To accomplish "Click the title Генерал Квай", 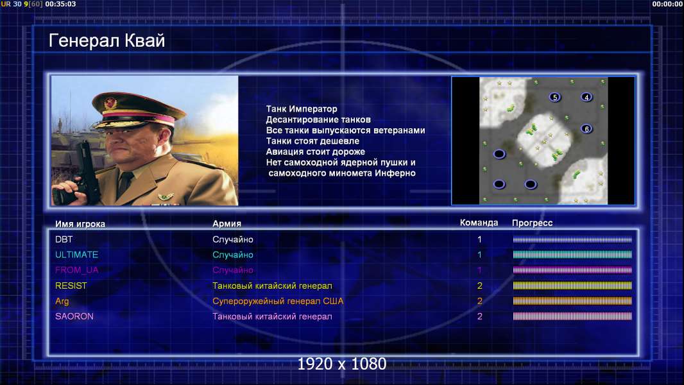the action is click(107, 40).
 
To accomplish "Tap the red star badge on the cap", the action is click(111, 103).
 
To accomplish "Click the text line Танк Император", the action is click(302, 109).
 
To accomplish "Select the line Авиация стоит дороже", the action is click(316, 151).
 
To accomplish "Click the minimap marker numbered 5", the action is click(555, 97).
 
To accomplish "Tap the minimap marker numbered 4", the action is click(586, 97).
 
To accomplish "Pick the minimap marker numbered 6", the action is click(586, 128).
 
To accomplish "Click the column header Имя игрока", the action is click(80, 224).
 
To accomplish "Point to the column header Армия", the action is click(227, 223).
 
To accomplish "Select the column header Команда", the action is click(479, 223).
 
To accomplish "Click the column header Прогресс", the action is click(532, 223).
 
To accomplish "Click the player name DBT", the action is click(64, 239).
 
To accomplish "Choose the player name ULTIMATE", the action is click(76, 255).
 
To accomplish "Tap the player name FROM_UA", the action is click(76, 270).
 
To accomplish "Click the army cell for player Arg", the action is click(278, 302).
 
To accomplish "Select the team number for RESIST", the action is click(479, 286).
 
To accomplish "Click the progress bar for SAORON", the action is click(572, 316).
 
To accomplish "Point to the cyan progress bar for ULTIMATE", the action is click(572, 255).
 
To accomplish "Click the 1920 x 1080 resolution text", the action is click(342, 364).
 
